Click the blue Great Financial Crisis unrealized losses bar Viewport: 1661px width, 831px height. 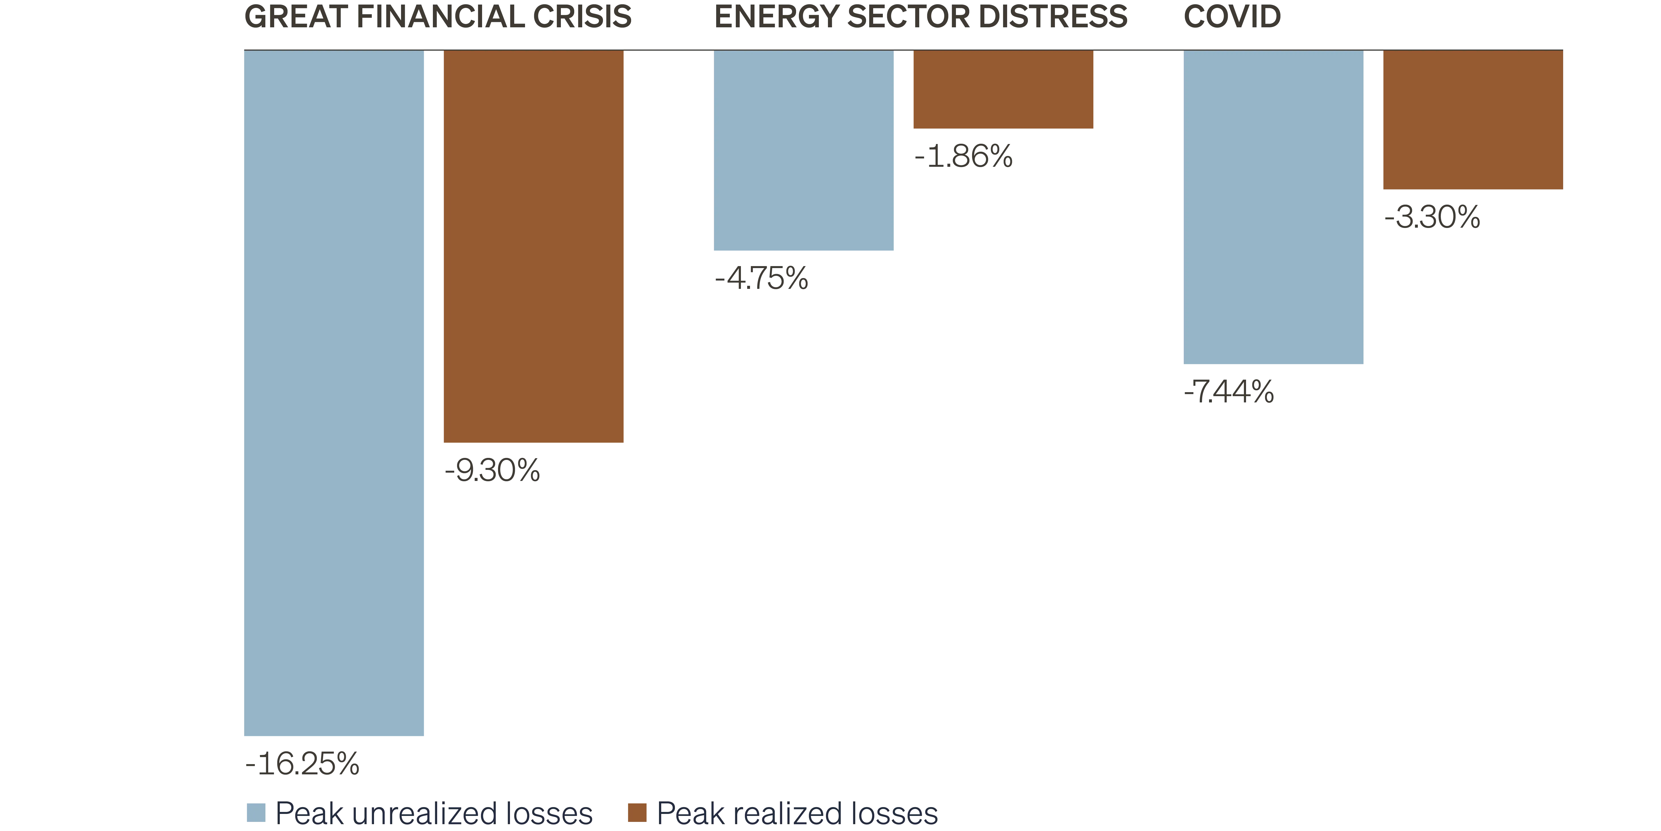tap(334, 394)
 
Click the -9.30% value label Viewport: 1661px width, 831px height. tap(492, 471)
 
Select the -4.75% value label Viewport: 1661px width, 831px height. tap(761, 279)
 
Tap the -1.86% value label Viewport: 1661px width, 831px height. tap(963, 157)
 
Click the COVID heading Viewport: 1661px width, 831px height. tap(1232, 17)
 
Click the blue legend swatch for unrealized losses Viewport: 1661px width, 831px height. tap(256, 812)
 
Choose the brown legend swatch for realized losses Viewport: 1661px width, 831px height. tap(638, 812)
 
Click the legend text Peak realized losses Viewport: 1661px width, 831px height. tap(796, 813)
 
